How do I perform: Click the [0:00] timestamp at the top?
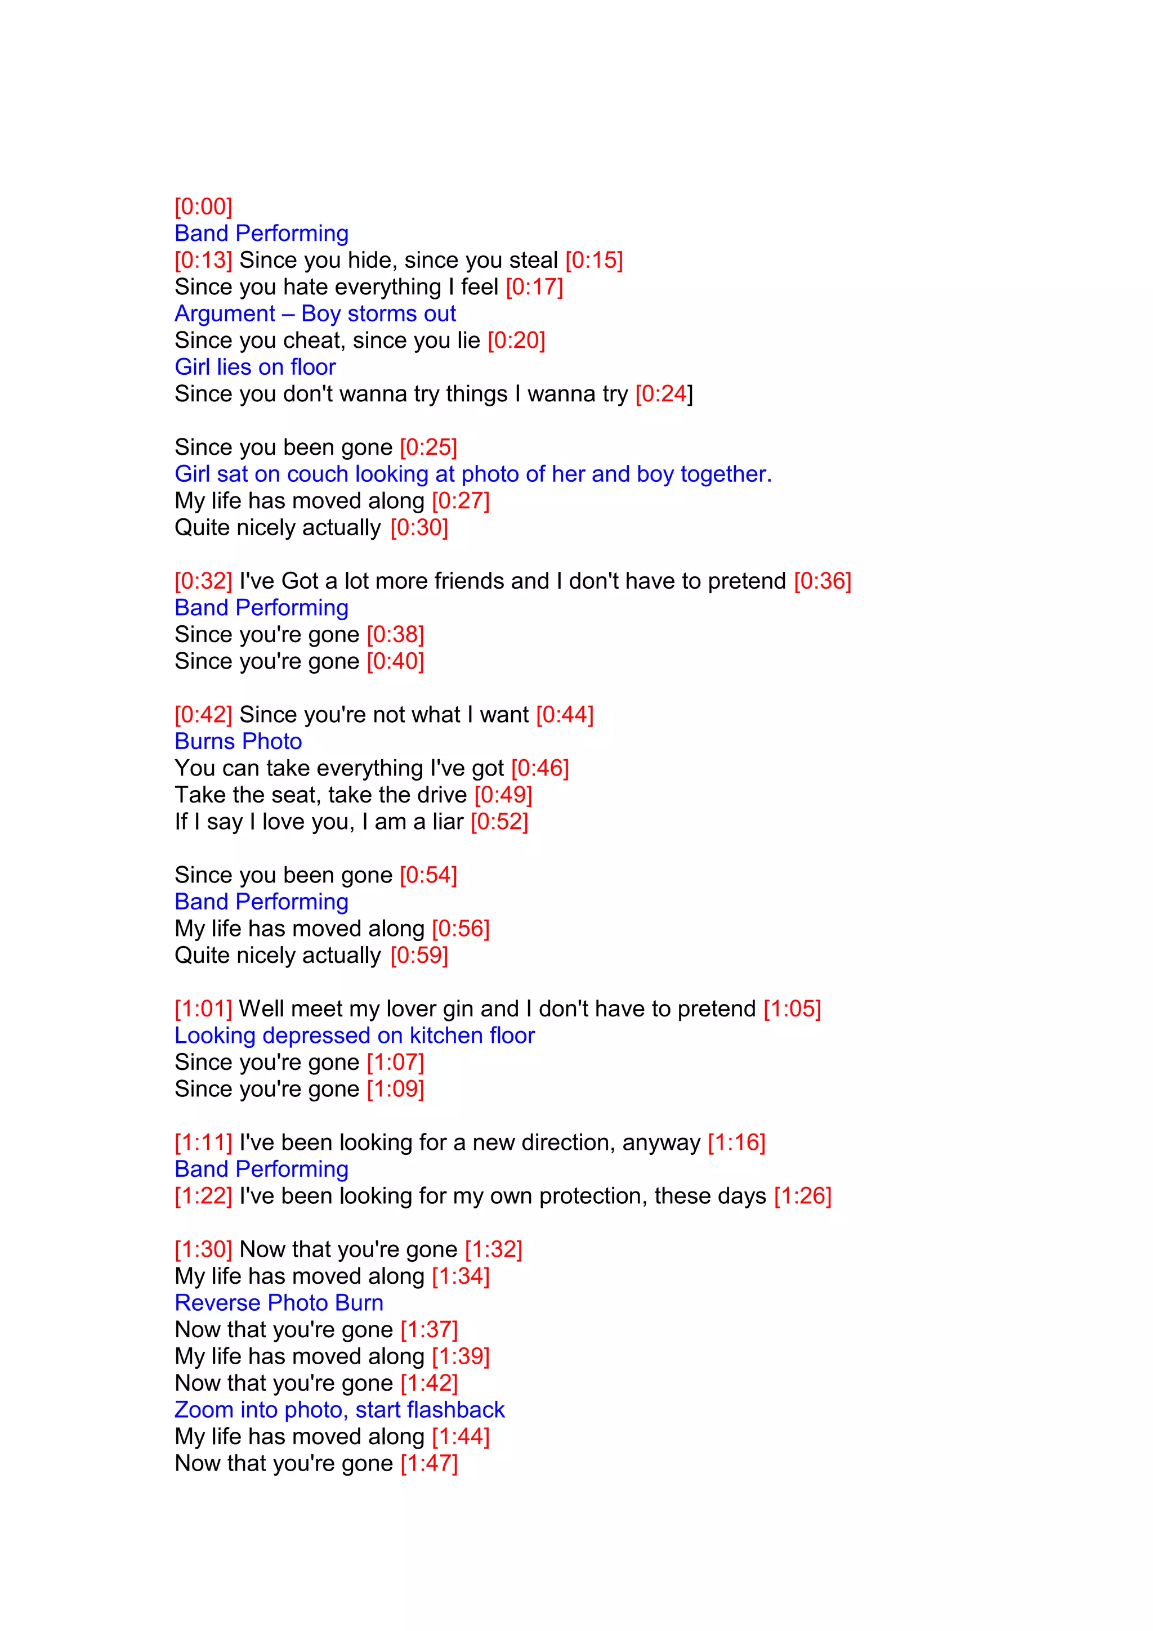203,207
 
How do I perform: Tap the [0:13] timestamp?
203,260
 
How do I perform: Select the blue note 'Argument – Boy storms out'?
315,313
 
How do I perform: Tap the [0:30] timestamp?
419,527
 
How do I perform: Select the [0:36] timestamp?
822,581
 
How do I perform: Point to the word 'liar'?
448,821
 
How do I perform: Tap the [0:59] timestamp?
419,956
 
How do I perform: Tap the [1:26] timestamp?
802,1197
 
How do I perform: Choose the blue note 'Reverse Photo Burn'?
279,1303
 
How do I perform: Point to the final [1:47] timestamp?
429,1463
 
